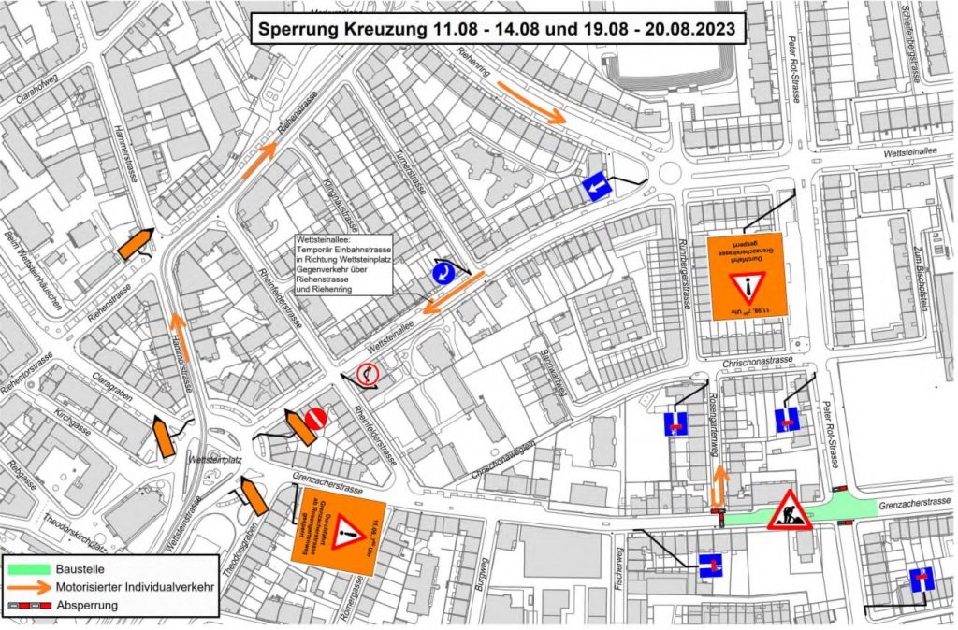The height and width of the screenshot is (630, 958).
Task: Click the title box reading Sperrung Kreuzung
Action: pyautogui.click(x=497, y=28)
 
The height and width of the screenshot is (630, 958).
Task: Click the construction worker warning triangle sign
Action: pyautogui.click(x=789, y=510)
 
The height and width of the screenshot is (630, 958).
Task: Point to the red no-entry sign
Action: pyautogui.click(x=315, y=418)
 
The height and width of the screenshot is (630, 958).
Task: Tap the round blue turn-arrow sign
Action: pyautogui.click(x=444, y=273)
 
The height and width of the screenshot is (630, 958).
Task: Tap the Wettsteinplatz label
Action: pyautogui.click(x=215, y=461)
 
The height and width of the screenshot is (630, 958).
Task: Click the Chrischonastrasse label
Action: pyautogui.click(x=756, y=360)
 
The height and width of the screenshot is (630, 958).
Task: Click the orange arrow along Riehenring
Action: pyautogui.click(x=530, y=103)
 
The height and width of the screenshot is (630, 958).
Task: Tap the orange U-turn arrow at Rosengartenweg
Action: pyautogui.click(x=718, y=485)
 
